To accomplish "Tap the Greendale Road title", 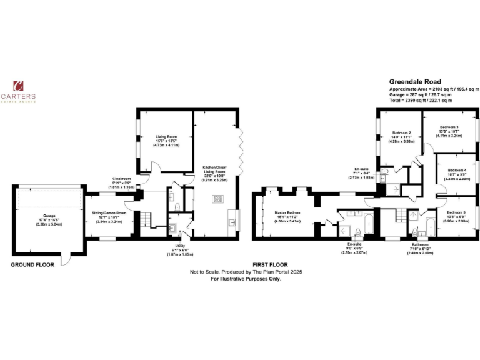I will [x=415, y=82].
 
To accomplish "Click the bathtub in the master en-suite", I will [x=367, y=222].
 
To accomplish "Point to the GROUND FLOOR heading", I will [x=32, y=264].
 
